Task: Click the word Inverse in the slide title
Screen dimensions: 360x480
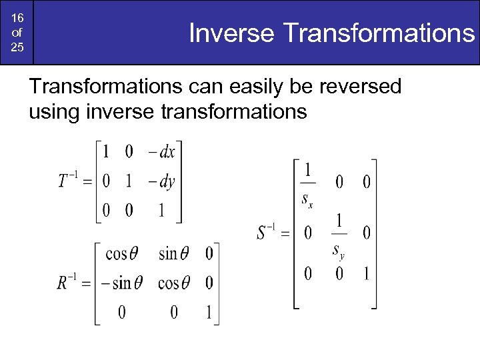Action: (232, 33)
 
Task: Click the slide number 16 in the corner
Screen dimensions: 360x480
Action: (17, 18)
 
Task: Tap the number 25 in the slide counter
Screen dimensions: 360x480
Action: (17, 49)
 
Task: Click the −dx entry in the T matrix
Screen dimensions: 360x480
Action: (161, 152)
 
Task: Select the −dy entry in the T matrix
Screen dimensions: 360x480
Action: (161, 181)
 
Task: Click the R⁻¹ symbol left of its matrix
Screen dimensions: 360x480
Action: (69, 283)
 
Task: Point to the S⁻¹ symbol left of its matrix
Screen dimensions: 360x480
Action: (269, 233)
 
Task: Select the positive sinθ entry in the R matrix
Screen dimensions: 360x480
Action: (173, 253)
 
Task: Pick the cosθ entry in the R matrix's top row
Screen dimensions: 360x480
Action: (122, 253)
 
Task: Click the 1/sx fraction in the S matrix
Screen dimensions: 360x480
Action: (307, 182)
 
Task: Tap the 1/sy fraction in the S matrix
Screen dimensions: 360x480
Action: (339, 233)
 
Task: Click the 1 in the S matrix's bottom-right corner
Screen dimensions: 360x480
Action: (365, 273)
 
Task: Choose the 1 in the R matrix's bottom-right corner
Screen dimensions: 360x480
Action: (209, 312)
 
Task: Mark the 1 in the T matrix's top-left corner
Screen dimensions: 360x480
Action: (105, 152)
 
